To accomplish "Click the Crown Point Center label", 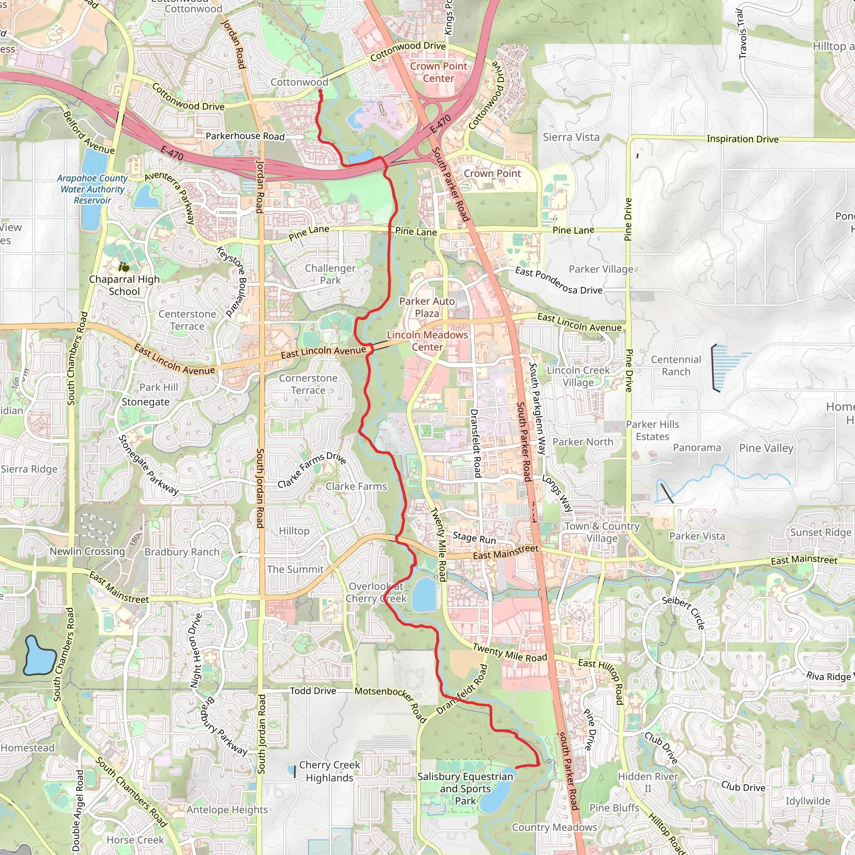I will [x=438, y=72].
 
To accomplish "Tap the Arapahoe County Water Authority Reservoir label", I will [x=92, y=190].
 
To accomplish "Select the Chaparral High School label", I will [x=124, y=286].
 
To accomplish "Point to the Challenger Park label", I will [x=330, y=274].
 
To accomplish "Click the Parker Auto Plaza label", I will [x=427, y=307].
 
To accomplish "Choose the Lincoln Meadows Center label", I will [x=427, y=341].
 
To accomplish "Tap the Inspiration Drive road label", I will [x=742, y=139].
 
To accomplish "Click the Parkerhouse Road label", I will [x=245, y=136].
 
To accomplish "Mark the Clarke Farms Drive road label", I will [x=311, y=470].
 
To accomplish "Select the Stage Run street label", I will [x=474, y=538].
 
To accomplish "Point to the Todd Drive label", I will [x=313, y=691].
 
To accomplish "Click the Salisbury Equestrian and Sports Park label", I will [x=465, y=789].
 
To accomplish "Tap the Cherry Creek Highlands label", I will [x=329, y=772].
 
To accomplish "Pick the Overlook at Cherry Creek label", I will [x=376, y=592].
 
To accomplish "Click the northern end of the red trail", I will [x=320, y=90].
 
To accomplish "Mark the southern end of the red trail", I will [x=516, y=767].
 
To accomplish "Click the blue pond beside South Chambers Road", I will [x=39, y=655].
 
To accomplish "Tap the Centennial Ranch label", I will [x=676, y=366].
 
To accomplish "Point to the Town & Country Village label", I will [x=602, y=532].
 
